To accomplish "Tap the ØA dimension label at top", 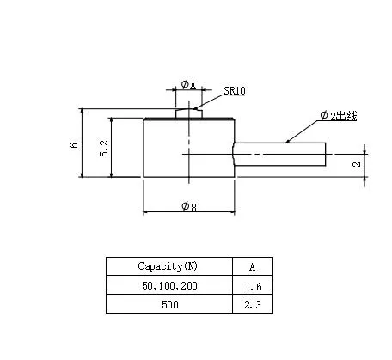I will (x=187, y=85).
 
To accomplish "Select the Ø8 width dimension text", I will (x=188, y=206).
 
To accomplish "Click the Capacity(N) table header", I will (x=168, y=265).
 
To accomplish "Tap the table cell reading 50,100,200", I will (x=168, y=285).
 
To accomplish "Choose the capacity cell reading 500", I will (x=168, y=304).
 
